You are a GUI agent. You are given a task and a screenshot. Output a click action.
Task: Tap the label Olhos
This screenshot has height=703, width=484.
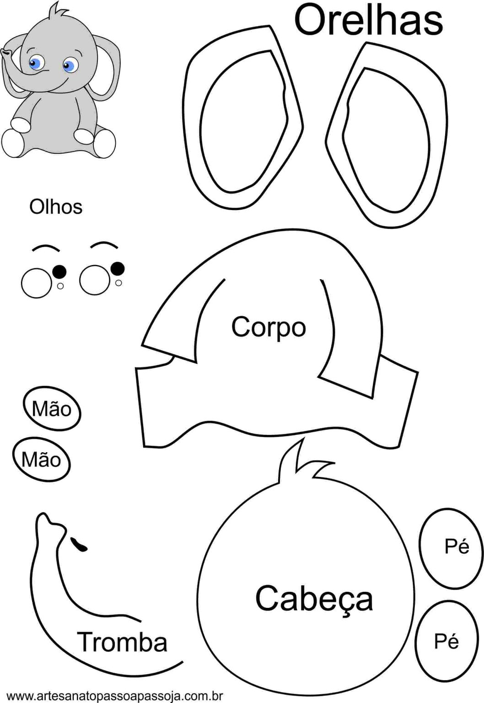click(56, 207)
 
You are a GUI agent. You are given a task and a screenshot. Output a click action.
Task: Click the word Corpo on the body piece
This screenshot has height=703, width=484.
click(269, 327)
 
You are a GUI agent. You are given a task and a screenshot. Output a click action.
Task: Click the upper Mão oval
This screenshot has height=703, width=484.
click(52, 409)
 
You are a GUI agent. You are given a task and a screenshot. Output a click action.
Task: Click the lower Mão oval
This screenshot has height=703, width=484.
click(41, 460)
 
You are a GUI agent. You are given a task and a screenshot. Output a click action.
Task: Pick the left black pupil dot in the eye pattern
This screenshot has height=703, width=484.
click(59, 272)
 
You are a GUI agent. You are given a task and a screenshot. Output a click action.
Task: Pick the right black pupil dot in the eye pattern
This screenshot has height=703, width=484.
click(118, 268)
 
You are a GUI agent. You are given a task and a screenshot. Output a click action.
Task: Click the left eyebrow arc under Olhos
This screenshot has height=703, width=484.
click(46, 248)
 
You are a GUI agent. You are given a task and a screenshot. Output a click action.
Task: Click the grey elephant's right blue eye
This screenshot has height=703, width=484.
click(69, 66)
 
